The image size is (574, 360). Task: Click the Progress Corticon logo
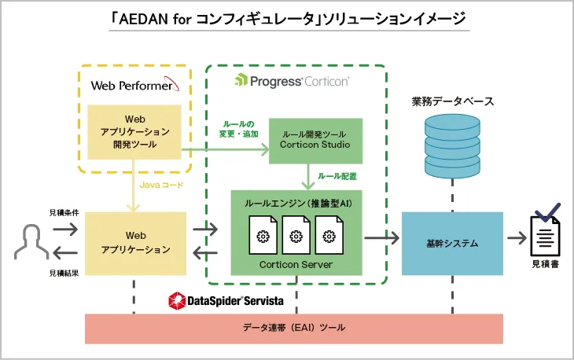pyautogui.click(x=293, y=81)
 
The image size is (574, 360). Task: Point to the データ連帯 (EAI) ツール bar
pyautogui.click(x=294, y=328)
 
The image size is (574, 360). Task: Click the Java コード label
pyautogui.click(x=160, y=186)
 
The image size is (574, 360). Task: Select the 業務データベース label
pyautogui.click(x=452, y=102)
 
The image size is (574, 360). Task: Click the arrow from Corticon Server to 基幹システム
pyautogui.click(x=381, y=235)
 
